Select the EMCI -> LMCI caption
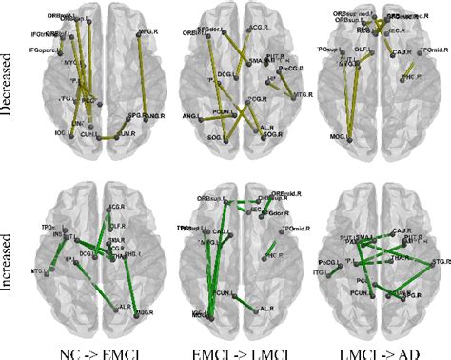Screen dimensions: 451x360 (x=244, y=350)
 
